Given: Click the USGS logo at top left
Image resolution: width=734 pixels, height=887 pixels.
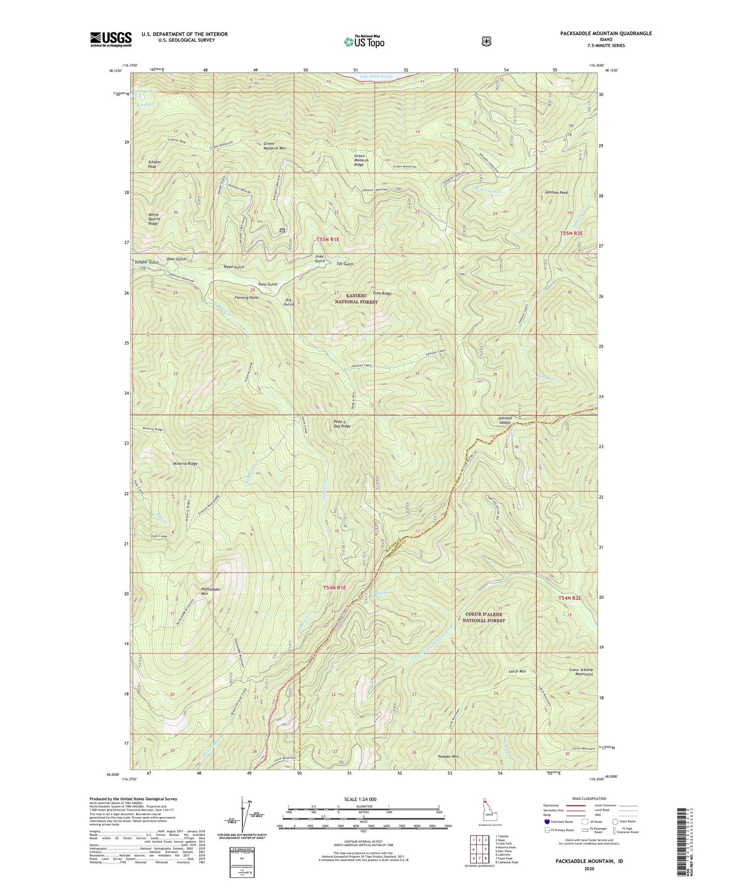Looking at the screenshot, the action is click(111, 39).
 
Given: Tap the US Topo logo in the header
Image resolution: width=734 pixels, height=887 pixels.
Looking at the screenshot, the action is click(364, 42).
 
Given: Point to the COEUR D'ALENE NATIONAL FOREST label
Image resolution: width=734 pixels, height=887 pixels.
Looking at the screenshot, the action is click(483, 617).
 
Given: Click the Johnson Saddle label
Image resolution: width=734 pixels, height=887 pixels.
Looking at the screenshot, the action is click(505, 420).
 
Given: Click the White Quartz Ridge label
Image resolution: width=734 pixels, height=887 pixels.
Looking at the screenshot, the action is click(153, 219).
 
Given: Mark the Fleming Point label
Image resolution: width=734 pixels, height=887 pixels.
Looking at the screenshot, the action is click(246, 297).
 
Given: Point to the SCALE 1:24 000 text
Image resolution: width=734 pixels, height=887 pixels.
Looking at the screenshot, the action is click(363, 799).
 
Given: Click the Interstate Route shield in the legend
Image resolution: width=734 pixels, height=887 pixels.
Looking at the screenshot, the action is click(547, 822).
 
